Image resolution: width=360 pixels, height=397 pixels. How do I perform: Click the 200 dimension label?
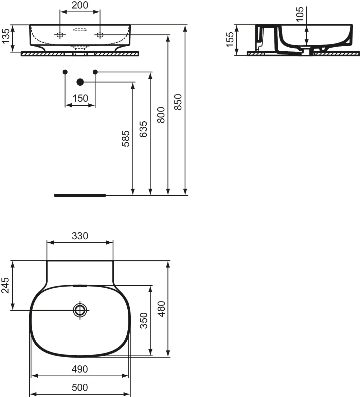point(80,5)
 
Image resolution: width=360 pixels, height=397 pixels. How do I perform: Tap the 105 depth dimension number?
point(300,14)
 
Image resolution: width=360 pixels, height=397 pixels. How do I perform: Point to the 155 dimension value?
point(230,39)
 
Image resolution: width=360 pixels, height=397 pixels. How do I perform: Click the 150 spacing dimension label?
point(80,98)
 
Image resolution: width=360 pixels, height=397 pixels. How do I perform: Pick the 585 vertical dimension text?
point(125,138)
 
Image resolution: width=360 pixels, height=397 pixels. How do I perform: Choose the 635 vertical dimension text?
point(143,129)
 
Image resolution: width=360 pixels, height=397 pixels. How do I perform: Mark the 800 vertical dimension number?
point(161,115)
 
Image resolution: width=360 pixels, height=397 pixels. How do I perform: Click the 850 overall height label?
point(178,102)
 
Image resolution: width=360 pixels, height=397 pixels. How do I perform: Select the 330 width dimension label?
point(80,236)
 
